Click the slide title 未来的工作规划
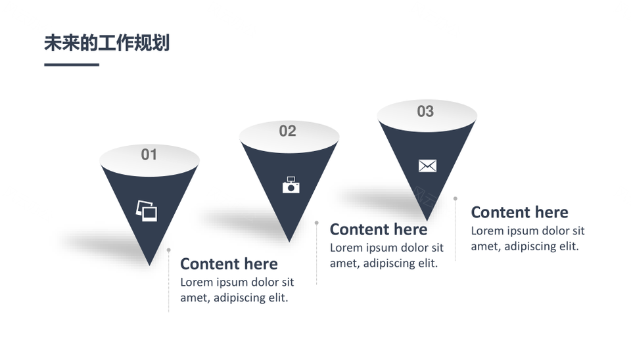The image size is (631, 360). [x=106, y=43]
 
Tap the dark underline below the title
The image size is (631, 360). [x=72, y=64]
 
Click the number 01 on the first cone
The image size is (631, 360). [x=149, y=154]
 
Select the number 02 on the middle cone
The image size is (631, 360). [x=287, y=131]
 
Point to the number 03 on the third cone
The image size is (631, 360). [x=425, y=112]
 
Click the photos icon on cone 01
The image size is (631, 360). [x=147, y=211]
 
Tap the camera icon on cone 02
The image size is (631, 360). [x=291, y=185]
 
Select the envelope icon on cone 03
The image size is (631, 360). [x=427, y=166]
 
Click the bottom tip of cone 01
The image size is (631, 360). [x=149, y=265]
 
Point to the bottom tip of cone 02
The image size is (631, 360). [x=289, y=242]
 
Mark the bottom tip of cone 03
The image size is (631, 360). [x=427, y=221]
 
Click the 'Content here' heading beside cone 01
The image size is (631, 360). [x=229, y=264]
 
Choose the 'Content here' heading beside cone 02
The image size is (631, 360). [x=379, y=229]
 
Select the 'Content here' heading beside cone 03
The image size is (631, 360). [x=519, y=212]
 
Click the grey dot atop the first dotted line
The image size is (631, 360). [x=169, y=250]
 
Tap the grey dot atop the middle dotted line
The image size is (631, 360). [x=317, y=223]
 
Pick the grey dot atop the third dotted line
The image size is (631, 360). [x=455, y=198]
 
